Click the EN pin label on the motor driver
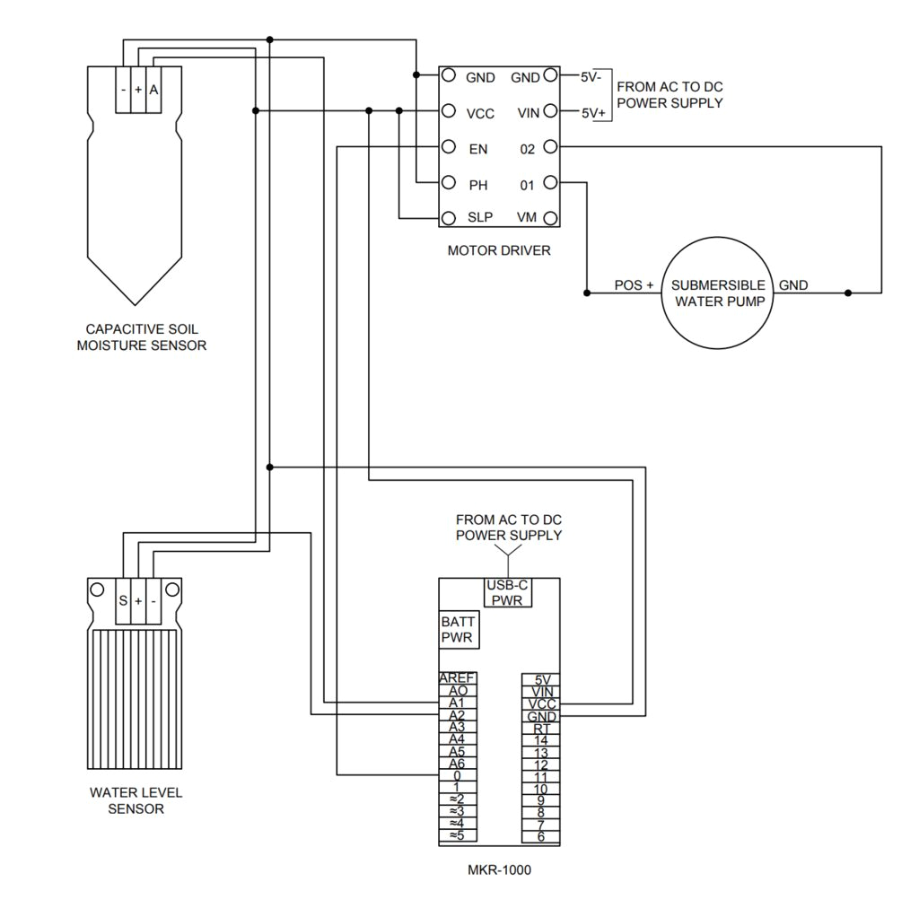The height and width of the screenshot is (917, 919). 478,149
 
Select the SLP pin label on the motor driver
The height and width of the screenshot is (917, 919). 480,218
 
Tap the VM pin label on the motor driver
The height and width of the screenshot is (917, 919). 527,218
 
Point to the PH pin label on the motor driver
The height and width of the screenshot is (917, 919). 478,185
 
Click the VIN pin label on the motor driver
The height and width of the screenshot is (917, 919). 528,113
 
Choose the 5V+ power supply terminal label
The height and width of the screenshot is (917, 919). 593,114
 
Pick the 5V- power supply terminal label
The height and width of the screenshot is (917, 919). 591,77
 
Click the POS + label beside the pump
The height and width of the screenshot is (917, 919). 634,285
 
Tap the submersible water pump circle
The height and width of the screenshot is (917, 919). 718,293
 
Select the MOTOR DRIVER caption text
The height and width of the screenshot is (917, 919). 499,250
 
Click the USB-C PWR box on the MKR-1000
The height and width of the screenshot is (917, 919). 508,592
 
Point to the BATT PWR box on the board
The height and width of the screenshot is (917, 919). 458,630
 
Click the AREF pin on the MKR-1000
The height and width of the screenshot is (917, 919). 458,678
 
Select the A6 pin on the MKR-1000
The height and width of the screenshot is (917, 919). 457,764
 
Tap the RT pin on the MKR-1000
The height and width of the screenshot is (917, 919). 541,729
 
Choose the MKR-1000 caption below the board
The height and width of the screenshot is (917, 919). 499,869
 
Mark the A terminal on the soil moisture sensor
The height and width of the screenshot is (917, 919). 153,90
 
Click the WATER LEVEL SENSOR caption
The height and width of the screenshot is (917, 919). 136,800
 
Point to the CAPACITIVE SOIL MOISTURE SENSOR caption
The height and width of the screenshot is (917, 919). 142,336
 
